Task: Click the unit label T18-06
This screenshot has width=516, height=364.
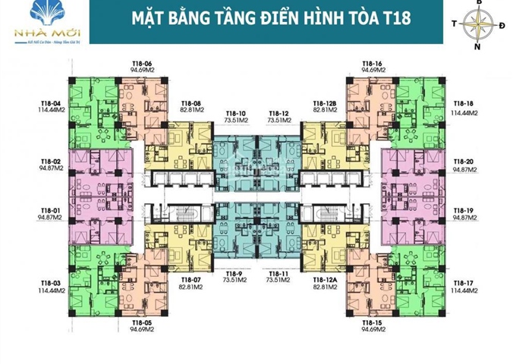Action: pyautogui.click(x=142, y=64)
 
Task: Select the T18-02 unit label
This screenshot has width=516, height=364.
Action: pyautogui.click(x=51, y=162)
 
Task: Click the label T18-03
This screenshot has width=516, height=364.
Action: pyautogui.click(x=51, y=282)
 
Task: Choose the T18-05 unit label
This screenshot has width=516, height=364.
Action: pyautogui.click(x=142, y=323)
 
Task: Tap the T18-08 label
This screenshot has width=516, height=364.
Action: pyautogui.click(x=191, y=102)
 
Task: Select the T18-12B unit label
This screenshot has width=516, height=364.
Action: pyautogui.click(x=324, y=102)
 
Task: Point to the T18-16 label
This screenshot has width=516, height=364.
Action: pyautogui.click(x=372, y=64)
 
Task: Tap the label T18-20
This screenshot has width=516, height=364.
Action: pyautogui.click(x=463, y=162)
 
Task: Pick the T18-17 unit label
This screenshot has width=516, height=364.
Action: pyautogui.click(x=463, y=282)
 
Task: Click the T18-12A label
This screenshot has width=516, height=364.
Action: pyautogui.click(x=324, y=280)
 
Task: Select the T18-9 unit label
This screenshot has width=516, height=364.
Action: pyautogui.click(x=236, y=271)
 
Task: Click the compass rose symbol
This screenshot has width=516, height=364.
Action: pyautogui.click(x=477, y=25)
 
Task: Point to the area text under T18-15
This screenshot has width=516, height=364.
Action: pyautogui.click(x=372, y=330)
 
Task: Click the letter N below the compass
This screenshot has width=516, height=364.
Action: pyautogui.click(x=477, y=47)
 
